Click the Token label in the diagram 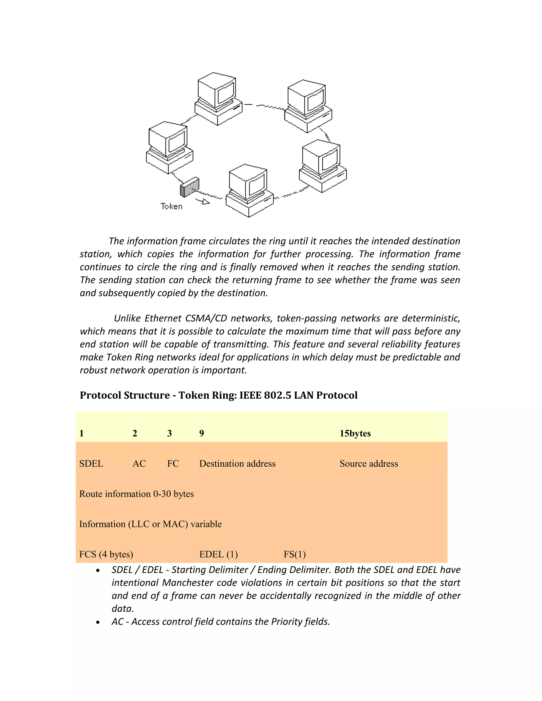(x=171, y=206)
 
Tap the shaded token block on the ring (x=189, y=187)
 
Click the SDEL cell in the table (x=91, y=463)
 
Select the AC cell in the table (x=139, y=463)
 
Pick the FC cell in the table (x=173, y=463)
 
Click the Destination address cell (x=237, y=463)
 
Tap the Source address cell (x=369, y=463)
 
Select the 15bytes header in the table (x=355, y=433)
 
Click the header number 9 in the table (x=202, y=433)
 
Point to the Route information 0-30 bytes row (x=137, y=494)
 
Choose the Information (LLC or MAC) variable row (x=150, y=524)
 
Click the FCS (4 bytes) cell (x=106, y=554)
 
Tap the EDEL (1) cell (x=218, y=554)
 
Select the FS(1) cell (x=295, y=554)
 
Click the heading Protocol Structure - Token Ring (x=218, y=395)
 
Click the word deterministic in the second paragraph (x=431, y=318)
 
